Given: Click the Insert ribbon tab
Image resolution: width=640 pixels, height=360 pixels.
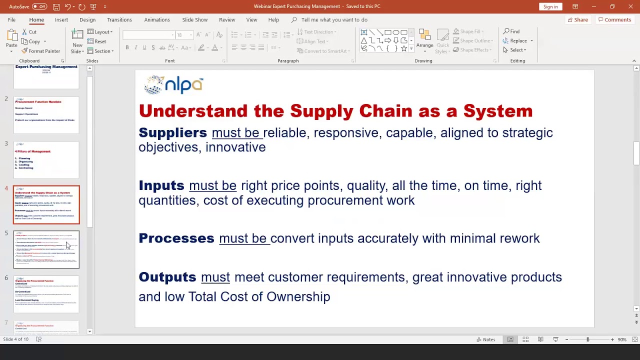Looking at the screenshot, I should [61, 19].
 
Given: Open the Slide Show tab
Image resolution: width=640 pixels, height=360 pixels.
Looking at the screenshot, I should [194, 19].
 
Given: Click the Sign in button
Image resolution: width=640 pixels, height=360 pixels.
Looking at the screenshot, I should [550, 6].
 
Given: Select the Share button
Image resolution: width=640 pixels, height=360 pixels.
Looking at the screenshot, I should [577, 19].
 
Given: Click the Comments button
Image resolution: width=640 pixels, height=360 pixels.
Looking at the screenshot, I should [614, 19].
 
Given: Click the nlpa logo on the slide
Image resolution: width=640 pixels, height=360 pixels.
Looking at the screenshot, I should [173, 84].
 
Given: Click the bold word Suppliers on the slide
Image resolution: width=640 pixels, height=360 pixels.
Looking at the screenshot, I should [172, 133].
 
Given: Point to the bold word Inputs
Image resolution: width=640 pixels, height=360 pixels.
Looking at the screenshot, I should [161, 186].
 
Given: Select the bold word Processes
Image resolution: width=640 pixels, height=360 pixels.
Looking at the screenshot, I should [176, 238].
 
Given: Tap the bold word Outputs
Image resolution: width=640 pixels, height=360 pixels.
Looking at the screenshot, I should [167, 277].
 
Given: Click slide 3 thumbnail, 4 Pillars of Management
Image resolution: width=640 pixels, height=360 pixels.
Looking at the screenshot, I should [46, 160].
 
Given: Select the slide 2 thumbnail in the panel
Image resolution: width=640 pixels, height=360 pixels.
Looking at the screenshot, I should [46, 115].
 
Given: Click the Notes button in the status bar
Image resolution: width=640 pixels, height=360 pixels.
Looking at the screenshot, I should [485, 339].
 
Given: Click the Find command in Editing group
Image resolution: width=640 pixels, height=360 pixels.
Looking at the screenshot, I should [511, 31].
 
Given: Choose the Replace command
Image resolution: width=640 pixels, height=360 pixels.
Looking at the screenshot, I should [518, 41].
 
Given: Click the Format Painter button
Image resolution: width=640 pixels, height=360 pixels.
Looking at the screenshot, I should [41, 51].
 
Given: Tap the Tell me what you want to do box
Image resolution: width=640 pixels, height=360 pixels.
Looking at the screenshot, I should [334, 19].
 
